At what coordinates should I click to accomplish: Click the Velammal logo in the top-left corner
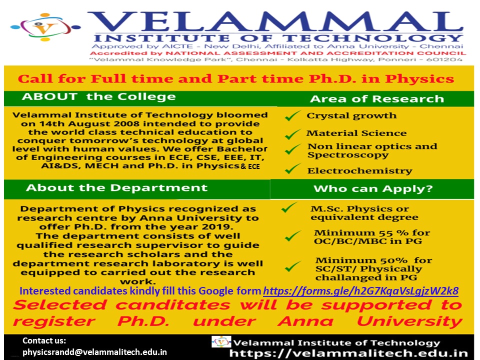pyautogui.click(x=45, y=27)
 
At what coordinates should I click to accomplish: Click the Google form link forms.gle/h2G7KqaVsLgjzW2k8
pyautogui.click(x=360, y=291)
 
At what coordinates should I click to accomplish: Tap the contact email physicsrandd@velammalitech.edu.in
pyautogui.click(x=94, y=352)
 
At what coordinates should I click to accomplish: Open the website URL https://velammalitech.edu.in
pyautogui.click(x=348, y=353)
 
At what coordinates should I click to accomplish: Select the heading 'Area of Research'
pyautogui.click(x=377, y=99)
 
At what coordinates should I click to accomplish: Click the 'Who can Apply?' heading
pyautogui.click(x=373, y=188)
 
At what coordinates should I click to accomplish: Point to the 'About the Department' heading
pyautogui.click(x=116, y=187)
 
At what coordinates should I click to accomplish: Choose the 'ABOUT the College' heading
pyautogui.click(x=98, y=96)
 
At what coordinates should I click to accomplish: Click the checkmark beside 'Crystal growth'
pyautogui.click(x=292, y=115)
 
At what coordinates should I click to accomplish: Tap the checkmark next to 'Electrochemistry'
pyautogui.click(x=292, y=168)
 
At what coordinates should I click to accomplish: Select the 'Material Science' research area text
pyautogui.click(x=356, y=133)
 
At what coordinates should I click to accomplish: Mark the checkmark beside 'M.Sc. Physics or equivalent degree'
pyautogui.click(x=289, y=207)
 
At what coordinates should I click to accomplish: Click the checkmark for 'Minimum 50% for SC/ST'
pyautogui.click(x=293, y=266)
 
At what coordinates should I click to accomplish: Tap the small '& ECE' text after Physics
pyautogui.click(x=250, y=166)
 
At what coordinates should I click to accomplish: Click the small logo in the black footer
pyautogui.click(x=221, y=341)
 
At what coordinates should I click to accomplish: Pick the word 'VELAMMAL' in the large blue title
pyautogui.click(x=275, y=21)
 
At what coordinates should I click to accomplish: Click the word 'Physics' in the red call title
pyautogui.click(x=419, y=79)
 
